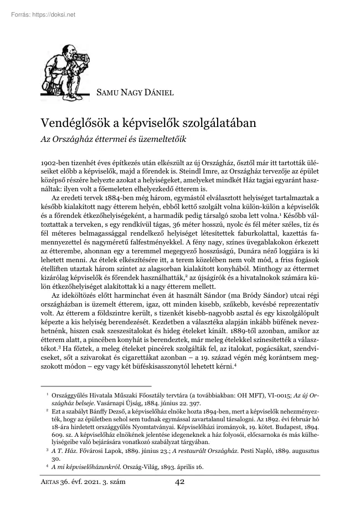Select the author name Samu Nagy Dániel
135,93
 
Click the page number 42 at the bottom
179,482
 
